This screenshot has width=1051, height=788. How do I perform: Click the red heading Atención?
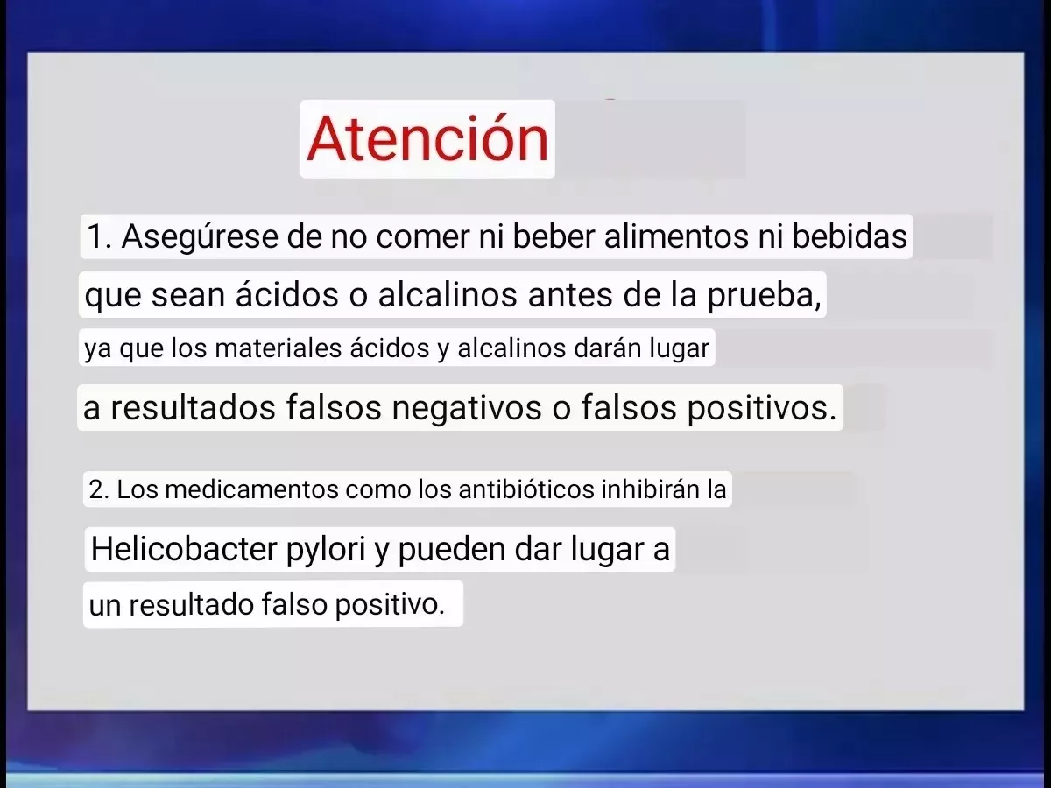(427, 137)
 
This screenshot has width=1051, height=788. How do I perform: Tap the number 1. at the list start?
(100, 236)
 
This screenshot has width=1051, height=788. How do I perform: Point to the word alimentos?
(676, 236)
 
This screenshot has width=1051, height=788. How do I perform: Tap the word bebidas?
(850, 236)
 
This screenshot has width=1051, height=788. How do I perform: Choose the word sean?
(188, 295)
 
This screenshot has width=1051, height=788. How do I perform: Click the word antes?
(570, 294)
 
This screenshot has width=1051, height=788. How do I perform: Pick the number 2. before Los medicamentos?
(99, 489)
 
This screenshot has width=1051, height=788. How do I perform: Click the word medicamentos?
(251, 489)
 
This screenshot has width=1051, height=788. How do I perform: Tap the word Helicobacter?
(184, 548)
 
